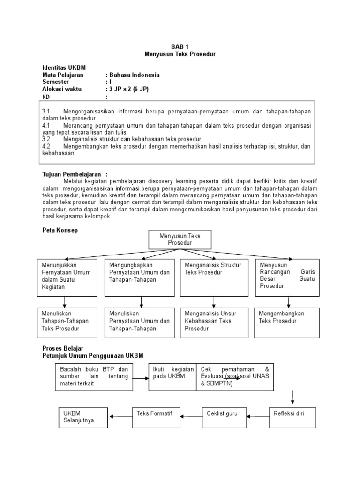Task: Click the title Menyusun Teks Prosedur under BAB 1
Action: [x=180, y=55]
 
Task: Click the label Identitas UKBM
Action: [x=64, y=68]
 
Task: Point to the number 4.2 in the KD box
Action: [x=46, y=146]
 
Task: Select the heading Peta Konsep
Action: [x=60, y=231]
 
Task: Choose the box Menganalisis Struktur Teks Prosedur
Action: [x=214, y=277]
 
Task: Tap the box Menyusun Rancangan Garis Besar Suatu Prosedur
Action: [x=287, y=277]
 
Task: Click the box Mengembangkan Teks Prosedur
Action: [x=287, y=322]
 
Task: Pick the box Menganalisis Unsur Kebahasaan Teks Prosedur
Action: [x=214, y=322]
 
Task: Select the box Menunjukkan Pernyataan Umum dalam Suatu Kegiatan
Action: [x=65, y=277]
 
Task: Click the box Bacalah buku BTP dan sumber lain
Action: [x=94, y=377]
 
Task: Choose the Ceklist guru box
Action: [x=222, y=413]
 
